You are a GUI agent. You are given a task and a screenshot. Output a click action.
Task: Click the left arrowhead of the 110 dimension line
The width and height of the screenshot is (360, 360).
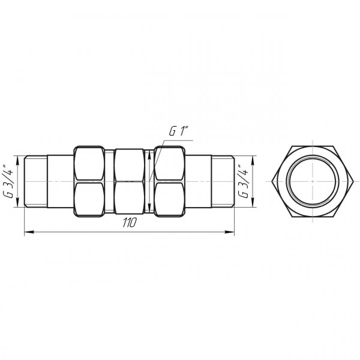pyautogui.click(x=28, y=230)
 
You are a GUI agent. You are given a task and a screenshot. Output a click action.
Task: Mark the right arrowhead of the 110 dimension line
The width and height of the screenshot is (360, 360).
pyautogui.click(x=230, y=230)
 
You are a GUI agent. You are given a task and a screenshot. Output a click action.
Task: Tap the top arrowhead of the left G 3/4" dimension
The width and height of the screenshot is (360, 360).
pyautogui.click(x=18, y=159)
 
